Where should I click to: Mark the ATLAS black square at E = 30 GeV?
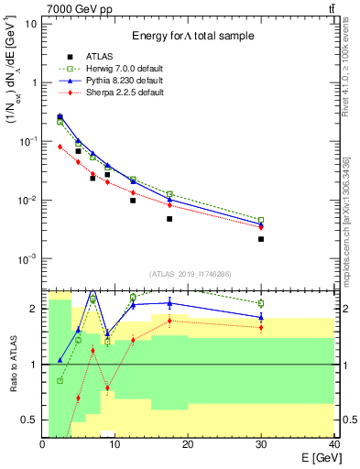click(261, 239)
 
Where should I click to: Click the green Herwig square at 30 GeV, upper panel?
click(261, 221)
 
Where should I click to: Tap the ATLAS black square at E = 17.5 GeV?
click(169, 219)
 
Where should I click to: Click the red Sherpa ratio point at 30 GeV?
click(261, 327)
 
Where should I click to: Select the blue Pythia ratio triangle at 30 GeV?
click(261, 317)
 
